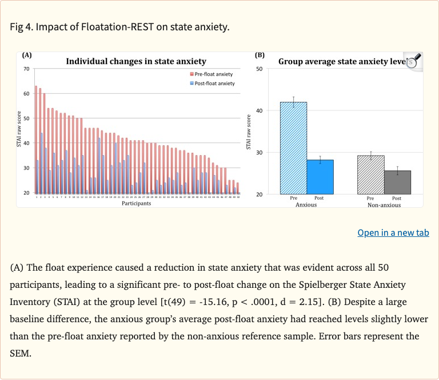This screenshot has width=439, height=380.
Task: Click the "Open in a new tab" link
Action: coord(393,232)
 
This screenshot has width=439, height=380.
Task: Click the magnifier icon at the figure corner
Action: coord(413,61)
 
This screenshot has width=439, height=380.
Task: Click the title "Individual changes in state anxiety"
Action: coord(136,61)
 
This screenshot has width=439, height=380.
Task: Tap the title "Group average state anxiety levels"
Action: coord(341,61)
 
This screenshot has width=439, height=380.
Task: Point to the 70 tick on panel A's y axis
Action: coord(26,69)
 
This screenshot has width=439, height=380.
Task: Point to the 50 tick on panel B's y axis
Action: coord(259,69)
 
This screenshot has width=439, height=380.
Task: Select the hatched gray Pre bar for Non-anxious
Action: coord(370,175)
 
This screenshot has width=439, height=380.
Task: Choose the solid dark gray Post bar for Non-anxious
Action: coord(397,182)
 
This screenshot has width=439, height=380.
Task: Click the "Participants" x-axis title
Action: coord(136,203)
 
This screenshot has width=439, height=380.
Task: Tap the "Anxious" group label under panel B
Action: coord(306,204)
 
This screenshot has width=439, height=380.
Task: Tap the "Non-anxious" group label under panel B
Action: coord(384,204)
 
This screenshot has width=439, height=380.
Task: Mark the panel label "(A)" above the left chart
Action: coord(26,56)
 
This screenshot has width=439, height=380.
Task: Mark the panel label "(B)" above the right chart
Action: coord(260,56)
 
